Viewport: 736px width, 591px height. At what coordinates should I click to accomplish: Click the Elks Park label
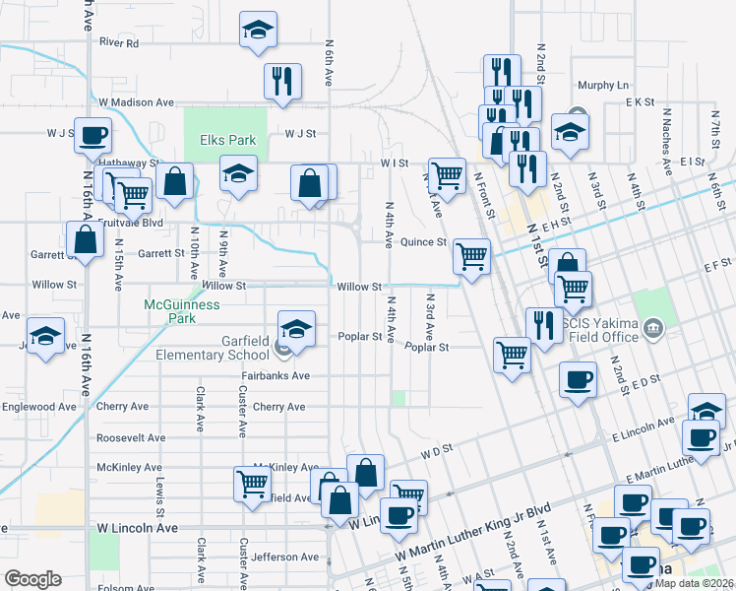click(228, 140)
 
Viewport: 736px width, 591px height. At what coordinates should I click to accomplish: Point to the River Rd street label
click(119, 43)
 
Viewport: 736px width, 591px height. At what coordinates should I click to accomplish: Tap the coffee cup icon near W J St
click(93, 136)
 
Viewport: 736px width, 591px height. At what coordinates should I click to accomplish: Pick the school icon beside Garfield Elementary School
click(295, 329)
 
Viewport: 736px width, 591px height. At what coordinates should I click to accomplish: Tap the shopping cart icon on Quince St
click(472, 256)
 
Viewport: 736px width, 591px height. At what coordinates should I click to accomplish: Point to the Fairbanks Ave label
click(276, 376)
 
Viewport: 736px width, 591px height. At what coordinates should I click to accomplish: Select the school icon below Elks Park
click(237, 174)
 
